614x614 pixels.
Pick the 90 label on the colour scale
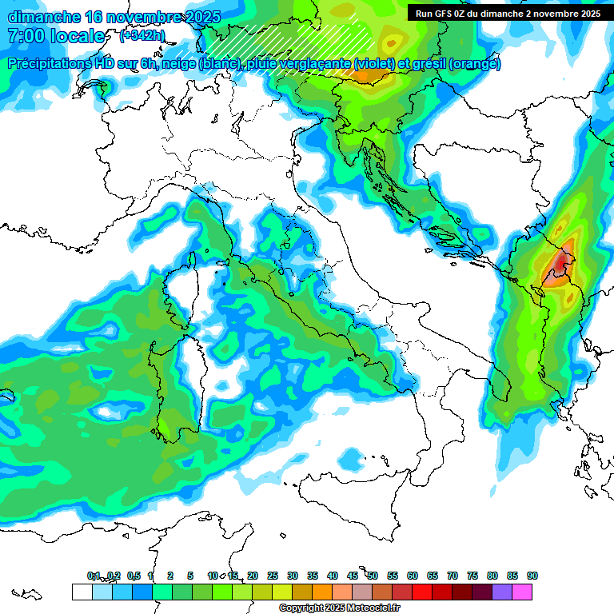click(532, 576)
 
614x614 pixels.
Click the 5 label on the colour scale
click(190, 576)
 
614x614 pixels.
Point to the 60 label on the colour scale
click(413, 576)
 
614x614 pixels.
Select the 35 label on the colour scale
click(313, 576)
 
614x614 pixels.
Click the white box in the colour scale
click(82, 592)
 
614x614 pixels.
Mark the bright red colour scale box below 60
click(422, 592)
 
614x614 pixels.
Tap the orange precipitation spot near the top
click(370, 76)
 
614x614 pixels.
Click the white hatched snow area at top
click(320, 44)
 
